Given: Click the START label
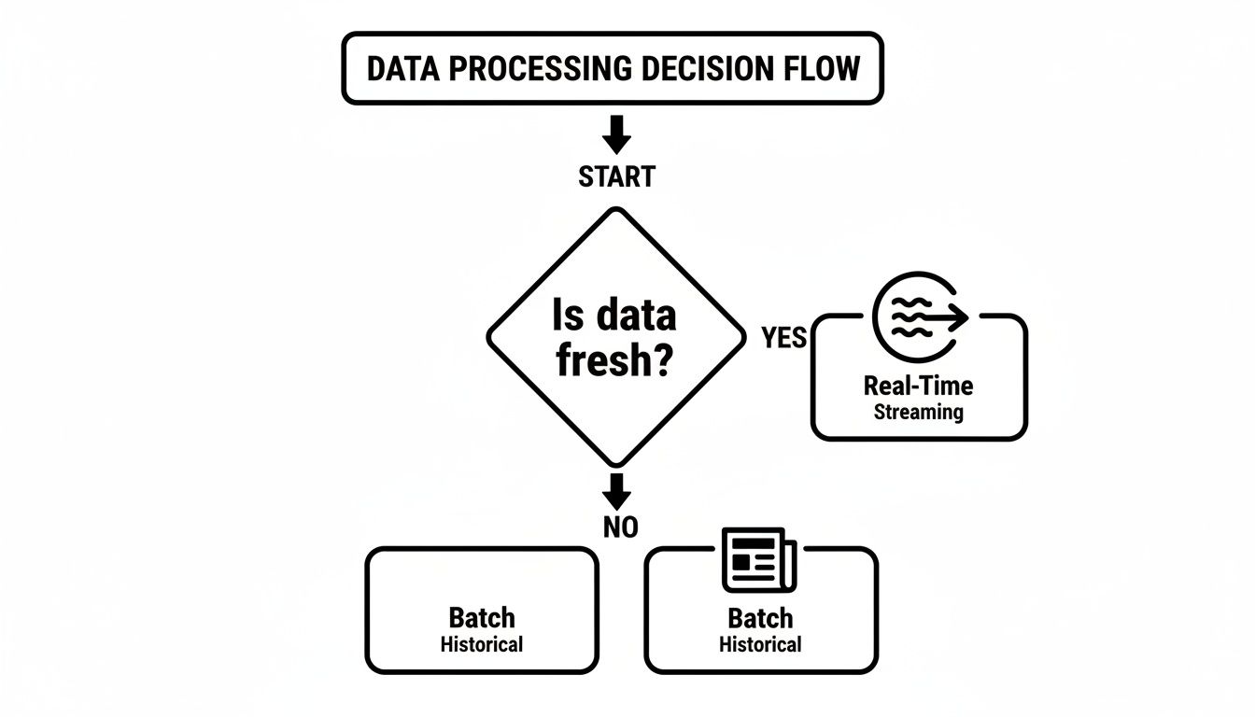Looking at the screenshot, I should pyautogui.click(x=616, y=176).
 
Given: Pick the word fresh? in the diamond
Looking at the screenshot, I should pyautogui.click(x=614, y=360).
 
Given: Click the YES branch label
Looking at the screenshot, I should pyautogui.click(x=783, y=337).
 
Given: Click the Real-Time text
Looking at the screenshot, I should pyautogui.click(x=918, y=386).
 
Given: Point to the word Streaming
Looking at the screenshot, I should pyautogui.click(x=918, y=412).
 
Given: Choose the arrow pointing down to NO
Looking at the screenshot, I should pyautogui.click(x=616, y=489).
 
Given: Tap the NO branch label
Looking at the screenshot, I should pyautogui.click(x=620, y=527).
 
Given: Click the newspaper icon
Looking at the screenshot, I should pyautogui.click(x=759, y=560).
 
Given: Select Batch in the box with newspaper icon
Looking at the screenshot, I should pyautogui.click(x=760, y=618).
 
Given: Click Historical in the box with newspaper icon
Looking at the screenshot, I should pyautogui.click(x=760, y=644).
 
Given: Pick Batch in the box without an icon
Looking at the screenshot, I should pyautogui.click(x=482, y=618).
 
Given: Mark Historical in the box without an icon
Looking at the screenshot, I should pyautogui.click(x=482, y=644).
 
